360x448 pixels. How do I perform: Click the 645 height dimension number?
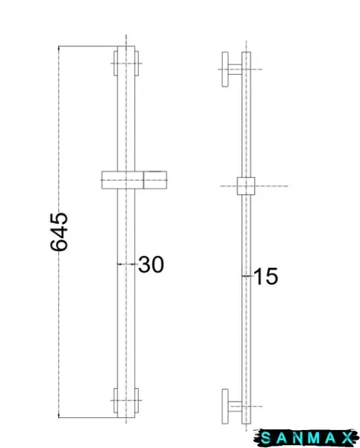pos(59,231)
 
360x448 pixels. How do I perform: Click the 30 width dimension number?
pos(151,264)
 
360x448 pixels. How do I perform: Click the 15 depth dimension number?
pos(266,276)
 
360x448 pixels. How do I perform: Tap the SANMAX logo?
pos(306,438)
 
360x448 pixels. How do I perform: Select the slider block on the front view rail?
pos(134,180)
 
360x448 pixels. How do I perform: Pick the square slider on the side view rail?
pos(246,186)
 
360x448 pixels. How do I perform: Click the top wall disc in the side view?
pos(225,69)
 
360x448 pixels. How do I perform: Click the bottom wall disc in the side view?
pos(225,406)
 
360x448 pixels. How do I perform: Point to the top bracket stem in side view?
pos(235,69)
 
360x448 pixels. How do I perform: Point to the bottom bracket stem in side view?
pos(235,406)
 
